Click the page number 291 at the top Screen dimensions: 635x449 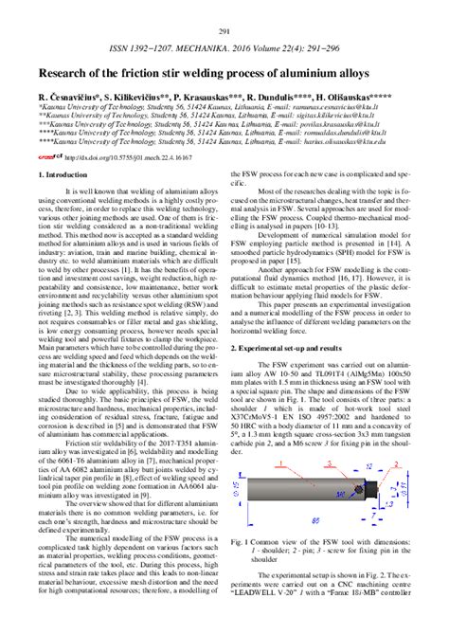point(224,8)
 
